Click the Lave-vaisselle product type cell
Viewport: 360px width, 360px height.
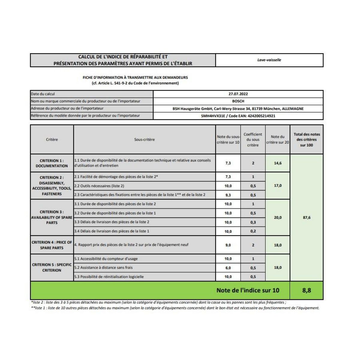click(269, 60)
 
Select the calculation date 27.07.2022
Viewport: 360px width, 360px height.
click(238, 94)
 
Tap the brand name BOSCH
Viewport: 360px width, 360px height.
click(238, 101)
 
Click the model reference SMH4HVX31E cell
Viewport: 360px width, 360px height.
click(238, 116)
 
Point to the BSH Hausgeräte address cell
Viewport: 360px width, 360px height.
click(238, 109)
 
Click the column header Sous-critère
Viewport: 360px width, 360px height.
click(144, 139)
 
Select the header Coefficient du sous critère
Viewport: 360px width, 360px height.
click(253, 139)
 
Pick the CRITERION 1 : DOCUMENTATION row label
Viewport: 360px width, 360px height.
click(52, 163)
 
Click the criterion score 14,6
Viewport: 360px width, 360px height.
click(278, 163)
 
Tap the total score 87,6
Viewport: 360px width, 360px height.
click(307, 217)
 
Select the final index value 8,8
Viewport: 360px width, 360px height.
click(307, 290)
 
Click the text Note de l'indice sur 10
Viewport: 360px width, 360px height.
click(248, 290)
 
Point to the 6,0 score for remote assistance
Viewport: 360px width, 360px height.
click(228, 268)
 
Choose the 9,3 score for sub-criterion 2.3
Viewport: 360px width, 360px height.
click(228, 195)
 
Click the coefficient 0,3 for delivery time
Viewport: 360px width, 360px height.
click(253, 222)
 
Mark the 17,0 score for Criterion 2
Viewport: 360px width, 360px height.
click(278, 186)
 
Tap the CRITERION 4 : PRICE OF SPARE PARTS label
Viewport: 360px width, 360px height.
click(52, 245)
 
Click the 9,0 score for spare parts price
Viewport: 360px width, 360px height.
click(228, 245)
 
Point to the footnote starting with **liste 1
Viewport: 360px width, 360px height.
click(175, 308)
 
